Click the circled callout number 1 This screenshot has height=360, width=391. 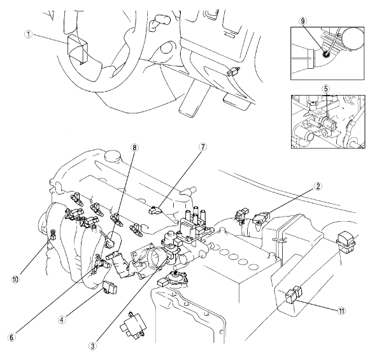click(29, 34)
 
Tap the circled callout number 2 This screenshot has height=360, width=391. click(318, 186)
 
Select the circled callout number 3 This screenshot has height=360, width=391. click(93, 346)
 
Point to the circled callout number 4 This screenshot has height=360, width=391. click(62, 320)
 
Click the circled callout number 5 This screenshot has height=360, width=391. click(326, 89)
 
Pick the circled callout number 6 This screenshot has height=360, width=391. click(11, 337)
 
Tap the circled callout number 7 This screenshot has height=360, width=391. click(203, 147)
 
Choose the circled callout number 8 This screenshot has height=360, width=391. click(134, 148)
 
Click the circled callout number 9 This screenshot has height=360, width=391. click(302, 21)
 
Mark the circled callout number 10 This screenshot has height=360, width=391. click(15, 279)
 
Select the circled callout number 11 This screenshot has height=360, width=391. click(341, 311)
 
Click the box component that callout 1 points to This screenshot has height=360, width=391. click(78, 48)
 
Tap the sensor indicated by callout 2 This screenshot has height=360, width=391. click(261, 217)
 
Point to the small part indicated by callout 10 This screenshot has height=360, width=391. click(53, 234)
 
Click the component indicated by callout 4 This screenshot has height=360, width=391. click(110, 287)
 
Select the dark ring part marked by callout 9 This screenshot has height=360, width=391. click(325, 54)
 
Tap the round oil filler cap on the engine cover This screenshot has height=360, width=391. click(113, 157)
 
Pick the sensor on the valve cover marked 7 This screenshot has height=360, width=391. click(155, 210)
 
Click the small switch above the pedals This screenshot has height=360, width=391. click(233, 71)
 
